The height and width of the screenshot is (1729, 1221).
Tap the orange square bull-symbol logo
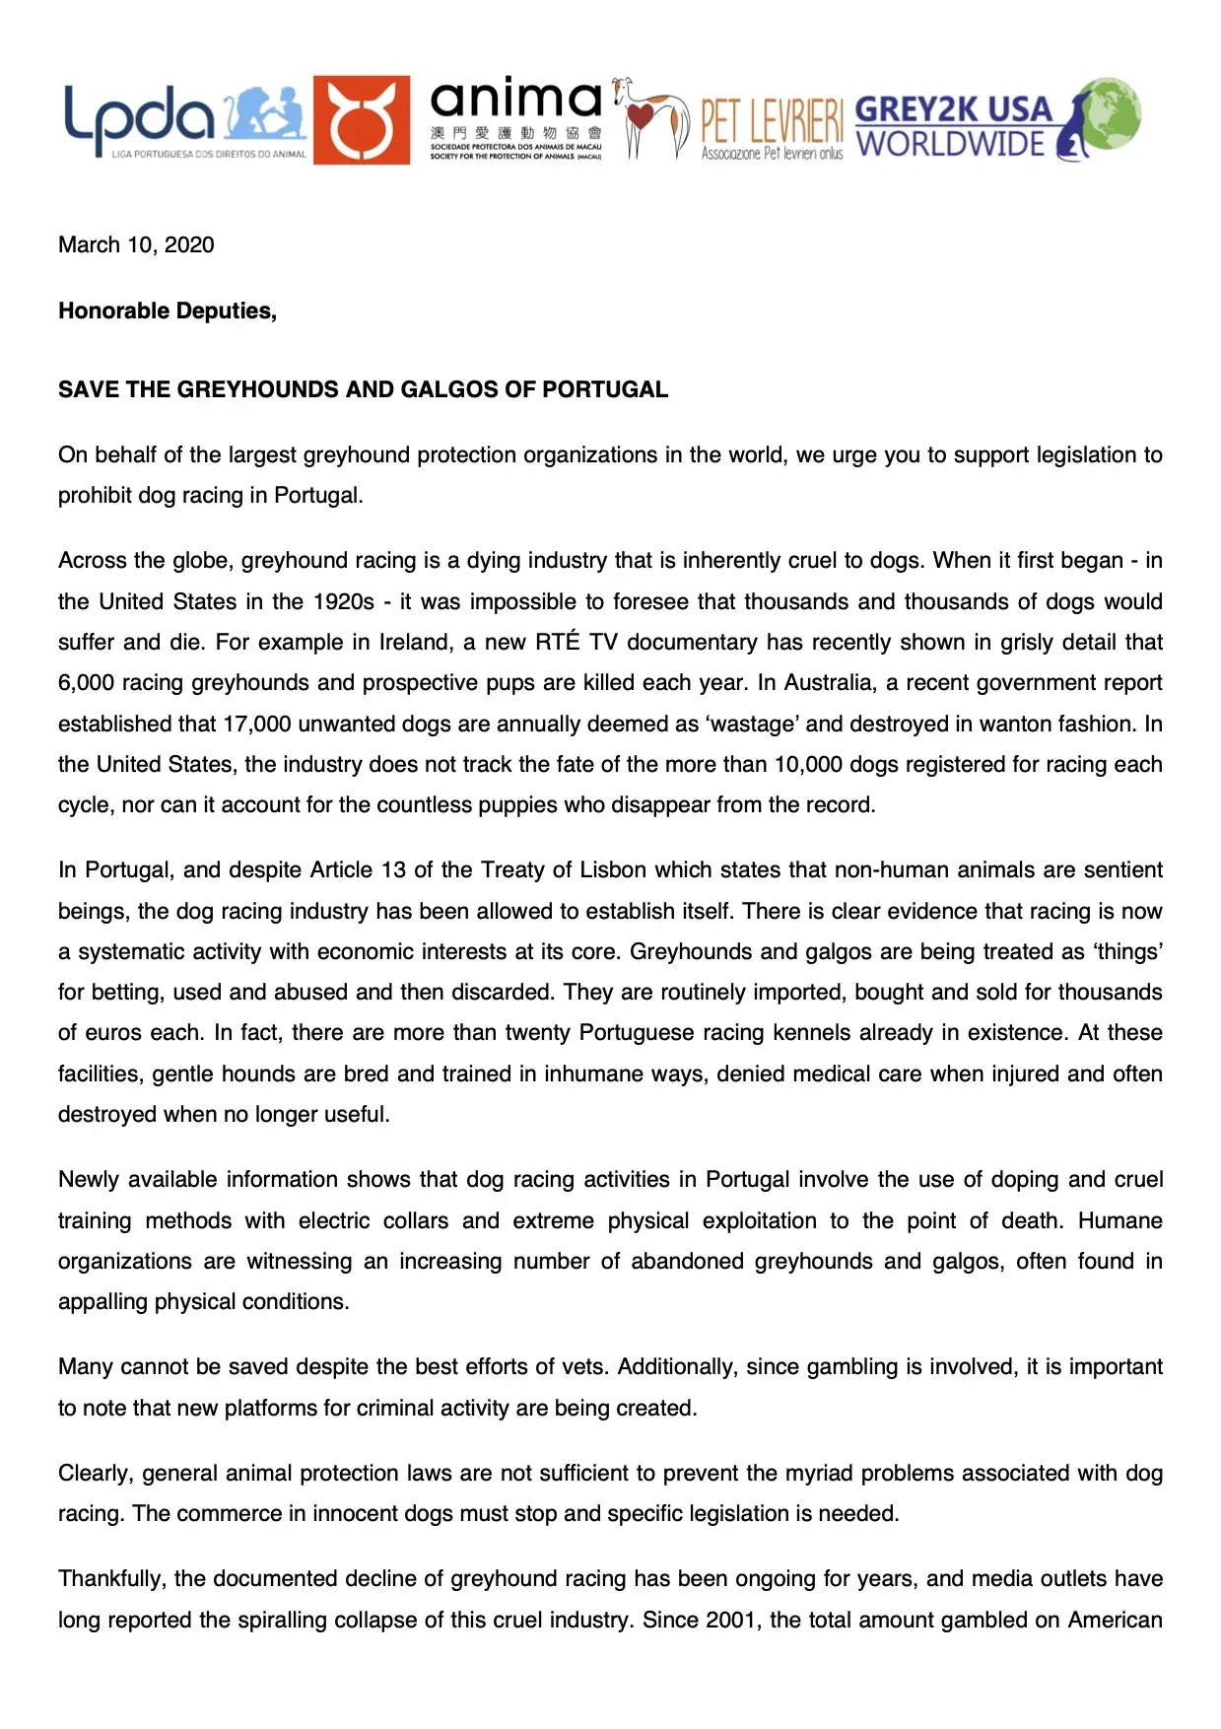[x=361, y=120]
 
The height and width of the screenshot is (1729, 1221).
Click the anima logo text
[x=515, y=101]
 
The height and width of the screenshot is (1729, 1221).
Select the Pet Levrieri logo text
[x=772, y=122]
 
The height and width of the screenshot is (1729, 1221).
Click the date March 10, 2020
[x=136, y=245]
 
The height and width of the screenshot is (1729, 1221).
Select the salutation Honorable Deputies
[x=168, y=311]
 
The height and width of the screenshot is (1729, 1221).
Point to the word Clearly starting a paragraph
[x=94, y=1474]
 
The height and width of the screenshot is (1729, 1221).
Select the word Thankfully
[x=110, y=1579]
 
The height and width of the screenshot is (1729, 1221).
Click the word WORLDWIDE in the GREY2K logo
[x=950, y=145]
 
